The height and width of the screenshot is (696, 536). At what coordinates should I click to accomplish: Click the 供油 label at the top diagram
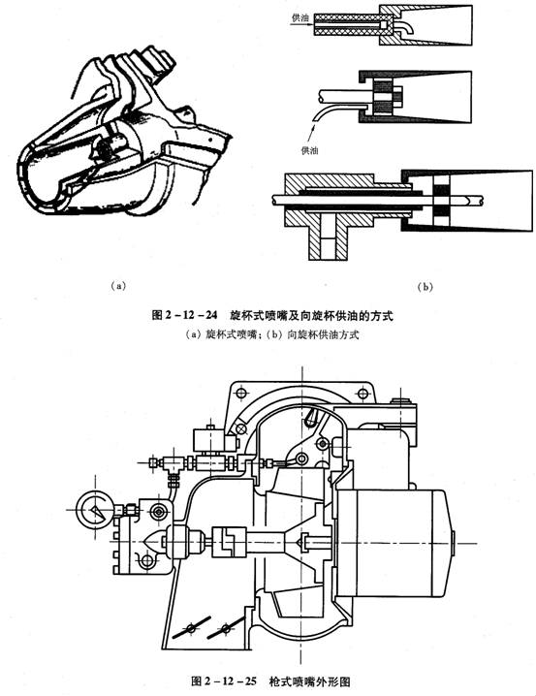[x=300, y=17]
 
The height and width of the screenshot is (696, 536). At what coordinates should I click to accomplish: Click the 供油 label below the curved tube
[x=310, y=151]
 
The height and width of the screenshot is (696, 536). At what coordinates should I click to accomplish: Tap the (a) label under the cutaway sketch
[x=118, y=285]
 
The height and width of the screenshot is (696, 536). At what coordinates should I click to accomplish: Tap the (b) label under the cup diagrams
[x=425, y=287]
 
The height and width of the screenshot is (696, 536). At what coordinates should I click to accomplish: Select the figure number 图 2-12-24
[x=184, y=315]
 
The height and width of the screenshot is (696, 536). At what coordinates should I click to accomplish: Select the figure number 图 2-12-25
[x=224, y=680]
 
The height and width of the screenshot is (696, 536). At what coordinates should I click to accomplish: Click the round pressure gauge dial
[x=95, y=511]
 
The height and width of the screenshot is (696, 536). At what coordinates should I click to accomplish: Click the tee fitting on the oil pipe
[x=173, y=464]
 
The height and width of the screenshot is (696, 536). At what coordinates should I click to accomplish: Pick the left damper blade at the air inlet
[x=191, y=628]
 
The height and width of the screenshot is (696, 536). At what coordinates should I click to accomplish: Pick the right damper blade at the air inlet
[x=226, y=628]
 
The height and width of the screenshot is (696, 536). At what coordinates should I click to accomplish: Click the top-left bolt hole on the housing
[x=241, y=394]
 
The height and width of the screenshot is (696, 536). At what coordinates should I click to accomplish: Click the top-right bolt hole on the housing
[x=363, y=393]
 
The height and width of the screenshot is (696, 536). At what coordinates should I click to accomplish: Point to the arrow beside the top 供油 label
[x=301, y=25]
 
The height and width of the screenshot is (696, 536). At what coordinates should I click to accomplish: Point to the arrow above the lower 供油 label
[x=313, y=132]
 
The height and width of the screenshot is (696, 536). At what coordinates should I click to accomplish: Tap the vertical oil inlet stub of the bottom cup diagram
[x=329, y=238]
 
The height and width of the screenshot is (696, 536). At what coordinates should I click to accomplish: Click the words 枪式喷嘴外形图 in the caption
[x=309, y=680]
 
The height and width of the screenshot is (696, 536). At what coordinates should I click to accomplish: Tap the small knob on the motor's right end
[x=452, y=543]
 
